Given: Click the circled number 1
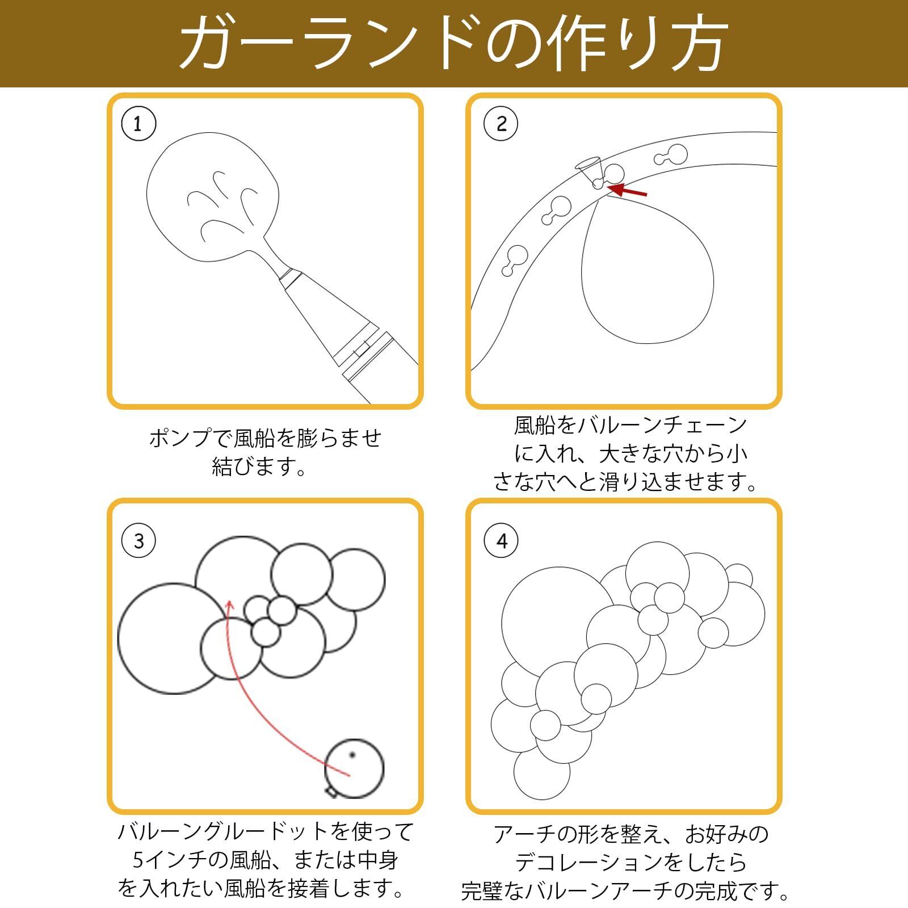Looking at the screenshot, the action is pyautogui.click(x=138, y=124).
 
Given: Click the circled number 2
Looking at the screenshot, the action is pyautogui.click(x=501, y=124).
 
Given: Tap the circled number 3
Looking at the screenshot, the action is pyautogui.click(x=138, y=541).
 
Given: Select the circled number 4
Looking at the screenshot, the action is pyautogui.click(x=501, y=541).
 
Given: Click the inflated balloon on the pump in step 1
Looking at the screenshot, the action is pyautogui.click(x=213, y=199).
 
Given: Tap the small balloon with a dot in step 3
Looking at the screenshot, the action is pyautogui.click(x=354, y=767).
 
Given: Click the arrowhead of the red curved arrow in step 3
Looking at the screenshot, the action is pyautogui.click(x=229, y=604).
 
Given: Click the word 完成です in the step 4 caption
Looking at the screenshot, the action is pyautogui.click(x=732, y=891).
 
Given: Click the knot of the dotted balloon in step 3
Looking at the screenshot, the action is pyautogui.click(x=331, y=791).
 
